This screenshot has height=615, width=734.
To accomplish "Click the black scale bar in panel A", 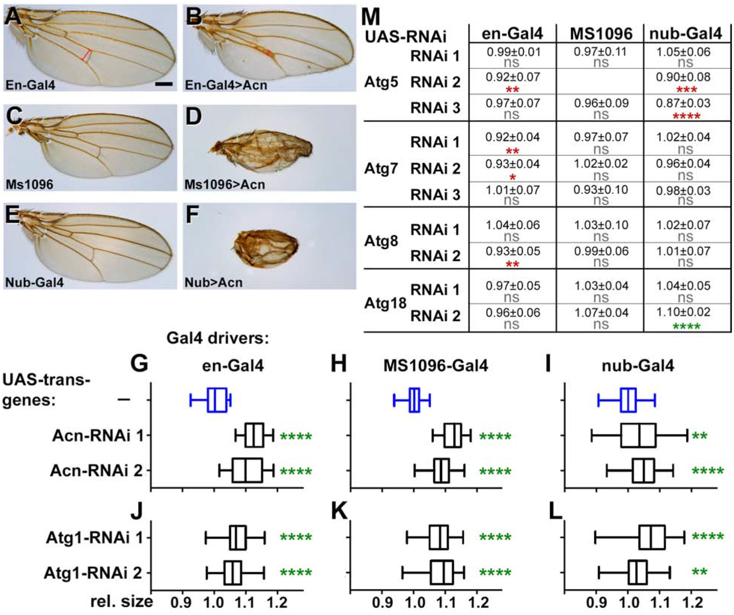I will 163,85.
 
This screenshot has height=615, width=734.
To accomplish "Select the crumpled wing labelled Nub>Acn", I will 266,248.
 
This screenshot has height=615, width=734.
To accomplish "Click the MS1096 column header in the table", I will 600,34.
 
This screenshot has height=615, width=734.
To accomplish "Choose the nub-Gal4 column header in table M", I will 685,34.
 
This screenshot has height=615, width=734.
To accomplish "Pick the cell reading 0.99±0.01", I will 513,52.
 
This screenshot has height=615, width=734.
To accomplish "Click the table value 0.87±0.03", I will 683,103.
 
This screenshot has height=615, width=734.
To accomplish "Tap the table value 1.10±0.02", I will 683,312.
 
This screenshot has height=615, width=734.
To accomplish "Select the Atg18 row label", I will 385,303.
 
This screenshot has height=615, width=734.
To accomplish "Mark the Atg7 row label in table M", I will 381,169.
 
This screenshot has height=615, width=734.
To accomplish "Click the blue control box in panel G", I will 217,400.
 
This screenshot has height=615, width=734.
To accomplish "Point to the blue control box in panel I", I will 628,400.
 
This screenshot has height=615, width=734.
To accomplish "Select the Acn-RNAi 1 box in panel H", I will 453,435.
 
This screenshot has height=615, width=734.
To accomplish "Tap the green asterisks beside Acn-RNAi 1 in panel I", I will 700,436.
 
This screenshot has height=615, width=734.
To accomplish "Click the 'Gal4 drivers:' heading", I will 217,338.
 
